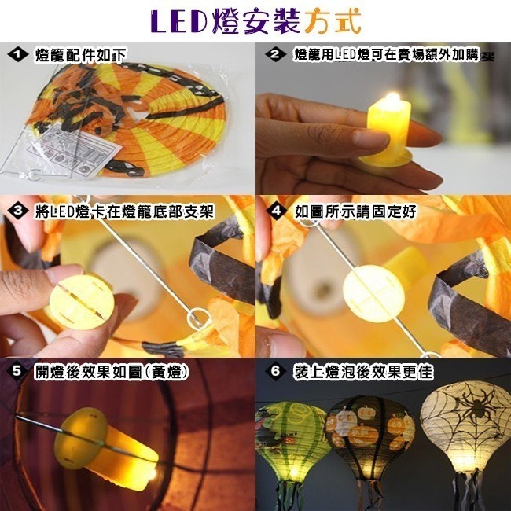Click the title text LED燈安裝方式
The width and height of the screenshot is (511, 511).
256,21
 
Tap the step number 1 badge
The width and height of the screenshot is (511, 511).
16,54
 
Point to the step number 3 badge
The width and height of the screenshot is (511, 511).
16,211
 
